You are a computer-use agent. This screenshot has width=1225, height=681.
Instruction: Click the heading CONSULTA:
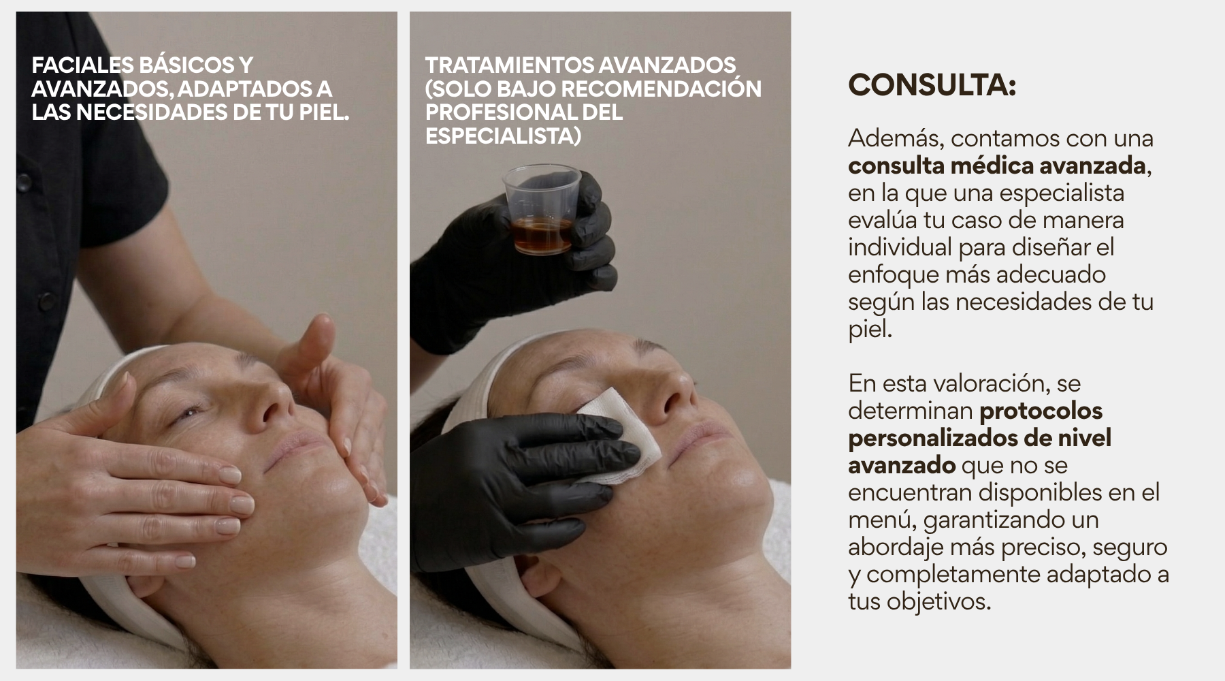point(932,85)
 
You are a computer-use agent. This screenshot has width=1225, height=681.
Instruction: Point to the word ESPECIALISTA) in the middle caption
point(503,136)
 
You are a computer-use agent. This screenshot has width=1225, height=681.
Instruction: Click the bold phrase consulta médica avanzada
point(997,165)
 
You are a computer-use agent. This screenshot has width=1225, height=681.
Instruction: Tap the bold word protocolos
point(1041,411)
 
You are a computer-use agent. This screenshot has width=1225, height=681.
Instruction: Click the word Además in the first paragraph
point(896,138)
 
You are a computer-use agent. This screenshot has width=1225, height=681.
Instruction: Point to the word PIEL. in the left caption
point(324,112)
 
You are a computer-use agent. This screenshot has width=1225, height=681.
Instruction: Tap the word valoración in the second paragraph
point(990,383)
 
